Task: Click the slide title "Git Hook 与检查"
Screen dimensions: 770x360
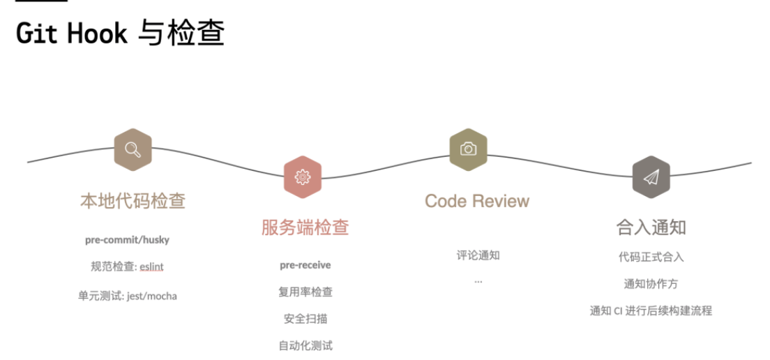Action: pos(120,34)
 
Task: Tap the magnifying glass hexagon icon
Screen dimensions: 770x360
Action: pos(133,149)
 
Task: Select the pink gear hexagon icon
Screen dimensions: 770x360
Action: pos(303,177)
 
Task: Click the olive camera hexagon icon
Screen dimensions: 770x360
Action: pos(469,149)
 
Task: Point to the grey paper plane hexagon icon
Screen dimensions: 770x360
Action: pos(651,177)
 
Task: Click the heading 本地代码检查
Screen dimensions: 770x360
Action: pos(133,201)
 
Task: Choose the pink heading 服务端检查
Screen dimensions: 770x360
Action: pos(305,227)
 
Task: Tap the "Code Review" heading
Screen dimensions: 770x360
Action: pos(477,201)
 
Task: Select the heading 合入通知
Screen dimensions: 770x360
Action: pos(651,227)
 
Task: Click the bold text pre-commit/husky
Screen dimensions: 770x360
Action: pos(127,240)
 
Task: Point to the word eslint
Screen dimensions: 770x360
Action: pos(151,267)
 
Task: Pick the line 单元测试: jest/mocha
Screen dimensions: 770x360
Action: pos(127,296)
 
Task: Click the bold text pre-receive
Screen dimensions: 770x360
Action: pos(305,265)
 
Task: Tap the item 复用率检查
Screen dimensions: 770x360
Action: pos(305,292)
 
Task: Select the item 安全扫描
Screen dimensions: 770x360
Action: pos(305,319)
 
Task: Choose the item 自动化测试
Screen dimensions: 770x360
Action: pos(305,346)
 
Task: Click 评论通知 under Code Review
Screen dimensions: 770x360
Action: pos(478,255)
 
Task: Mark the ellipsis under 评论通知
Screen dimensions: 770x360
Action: pos(478,282)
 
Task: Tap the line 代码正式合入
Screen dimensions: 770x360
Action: pos(651,257)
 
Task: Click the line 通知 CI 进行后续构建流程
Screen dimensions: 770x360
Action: pos(651,311)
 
